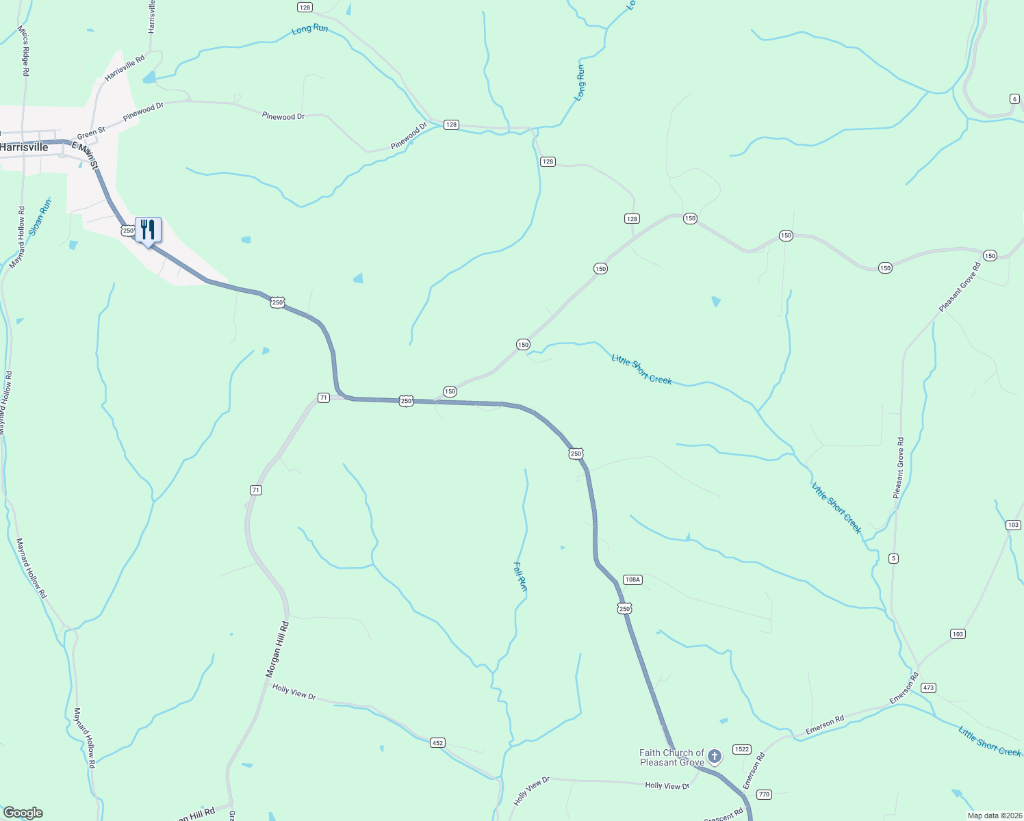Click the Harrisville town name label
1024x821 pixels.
point(25,147)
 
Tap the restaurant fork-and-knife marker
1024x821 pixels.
point(148,230)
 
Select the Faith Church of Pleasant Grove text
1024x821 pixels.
point(671,757)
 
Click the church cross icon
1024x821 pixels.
point(715,756)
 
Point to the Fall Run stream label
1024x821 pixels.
point(521,577)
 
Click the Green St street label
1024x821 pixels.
point(91,132)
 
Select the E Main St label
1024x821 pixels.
point(86,155)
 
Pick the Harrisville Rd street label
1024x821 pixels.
point(125,69)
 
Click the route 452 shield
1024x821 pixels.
point(438,742)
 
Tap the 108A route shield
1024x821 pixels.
point(632,579)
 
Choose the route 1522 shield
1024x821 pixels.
point(742,749)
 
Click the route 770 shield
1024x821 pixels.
point(764,794)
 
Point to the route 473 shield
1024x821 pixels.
point(928,688)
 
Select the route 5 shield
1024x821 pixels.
point(893,558)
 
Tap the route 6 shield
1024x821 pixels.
point(1014,99)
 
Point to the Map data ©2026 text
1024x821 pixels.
point(995,816)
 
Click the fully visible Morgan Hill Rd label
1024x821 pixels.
point(277,650)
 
